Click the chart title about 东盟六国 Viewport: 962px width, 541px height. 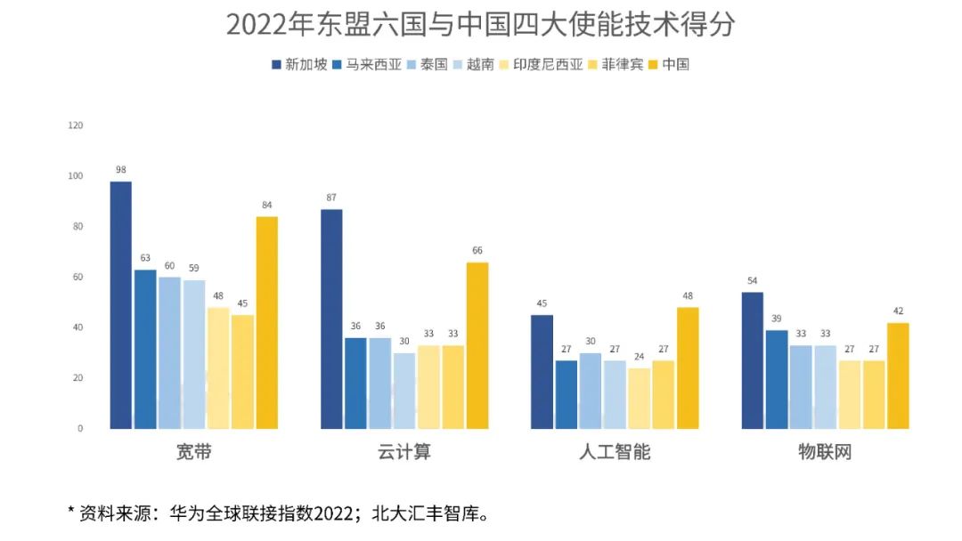481,24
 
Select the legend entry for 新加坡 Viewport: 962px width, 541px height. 299,64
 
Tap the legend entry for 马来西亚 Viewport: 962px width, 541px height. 366,64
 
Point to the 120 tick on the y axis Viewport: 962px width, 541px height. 75,125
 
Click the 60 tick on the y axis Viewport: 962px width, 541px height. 77,277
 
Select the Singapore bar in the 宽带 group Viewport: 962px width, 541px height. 121,305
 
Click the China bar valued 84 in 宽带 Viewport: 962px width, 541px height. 267,323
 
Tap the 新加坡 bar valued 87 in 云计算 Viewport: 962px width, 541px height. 331,319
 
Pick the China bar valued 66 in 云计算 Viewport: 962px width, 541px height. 477,345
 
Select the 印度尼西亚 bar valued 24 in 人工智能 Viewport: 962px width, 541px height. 640,398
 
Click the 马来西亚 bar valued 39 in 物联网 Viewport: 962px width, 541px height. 777,379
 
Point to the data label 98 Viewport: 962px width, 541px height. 121,169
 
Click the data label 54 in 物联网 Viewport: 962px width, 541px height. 753,280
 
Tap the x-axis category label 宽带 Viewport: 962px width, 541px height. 194,452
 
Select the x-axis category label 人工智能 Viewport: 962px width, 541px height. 615,452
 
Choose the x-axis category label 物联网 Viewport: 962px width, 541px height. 825,452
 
